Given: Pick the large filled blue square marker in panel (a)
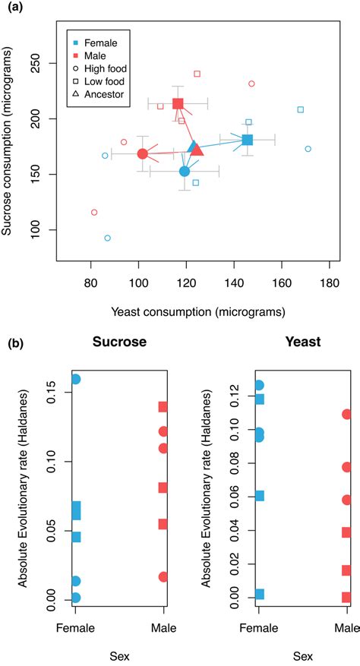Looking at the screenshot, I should click(x=248, y=140).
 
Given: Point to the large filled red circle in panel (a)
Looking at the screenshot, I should click(x=142, y=154).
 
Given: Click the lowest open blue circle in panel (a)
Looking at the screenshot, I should click(x=107, y=238).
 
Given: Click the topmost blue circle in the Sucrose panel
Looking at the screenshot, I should click(x=75, y=379).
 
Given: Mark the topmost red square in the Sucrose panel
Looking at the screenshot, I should click(x=163, y=407).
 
